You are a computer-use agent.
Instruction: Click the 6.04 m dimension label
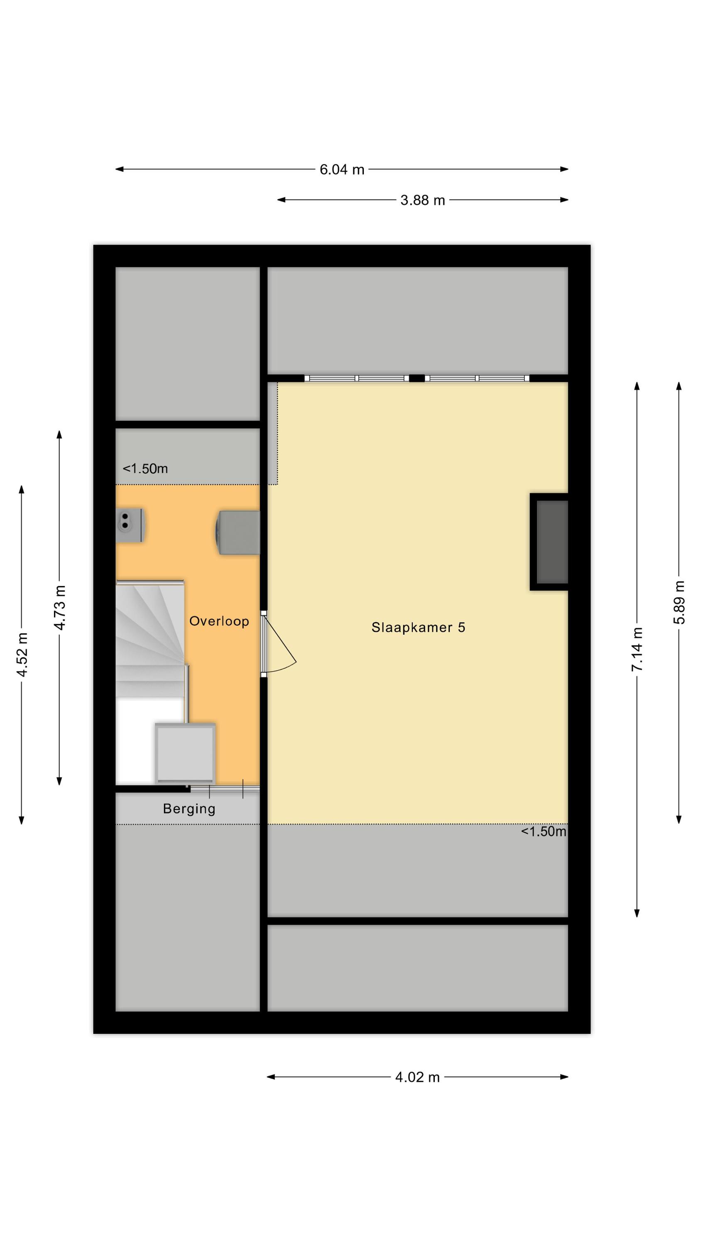341,170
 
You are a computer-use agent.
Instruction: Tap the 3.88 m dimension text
422,200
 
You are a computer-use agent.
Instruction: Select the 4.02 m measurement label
417,1077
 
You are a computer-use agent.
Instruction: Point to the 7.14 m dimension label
637,649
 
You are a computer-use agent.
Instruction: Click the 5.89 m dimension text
679,602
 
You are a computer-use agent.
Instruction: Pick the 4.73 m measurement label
59,608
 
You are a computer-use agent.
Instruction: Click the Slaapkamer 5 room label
418,627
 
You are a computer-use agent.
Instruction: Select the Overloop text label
219,621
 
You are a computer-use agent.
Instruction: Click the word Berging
189,809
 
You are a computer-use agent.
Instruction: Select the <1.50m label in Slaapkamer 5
543,831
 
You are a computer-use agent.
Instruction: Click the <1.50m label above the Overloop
145,468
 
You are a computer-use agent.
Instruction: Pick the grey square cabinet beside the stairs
185,753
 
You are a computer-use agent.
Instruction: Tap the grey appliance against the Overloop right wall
238,532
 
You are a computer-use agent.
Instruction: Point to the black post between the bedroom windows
417,378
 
